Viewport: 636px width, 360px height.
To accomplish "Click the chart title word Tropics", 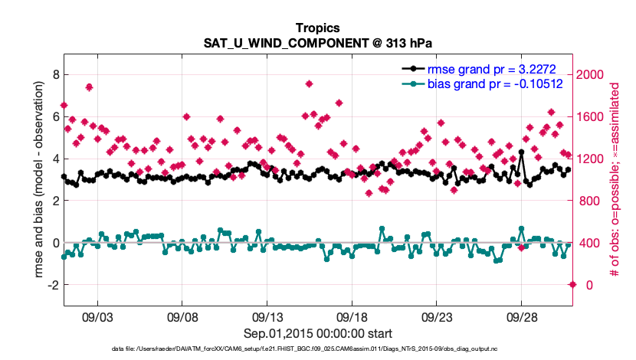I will click(x=317, y=28).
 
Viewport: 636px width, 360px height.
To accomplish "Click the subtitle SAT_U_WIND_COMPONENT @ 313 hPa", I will click(x=317, y=43).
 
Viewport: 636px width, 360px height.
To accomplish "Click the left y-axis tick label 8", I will click(x=54, y=74).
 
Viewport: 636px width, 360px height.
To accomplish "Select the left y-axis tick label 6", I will click(x=54, y=116).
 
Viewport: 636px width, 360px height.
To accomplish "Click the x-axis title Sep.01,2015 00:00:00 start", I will click(x=318, y=333).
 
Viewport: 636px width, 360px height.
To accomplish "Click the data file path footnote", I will click(x=317, y=349).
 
